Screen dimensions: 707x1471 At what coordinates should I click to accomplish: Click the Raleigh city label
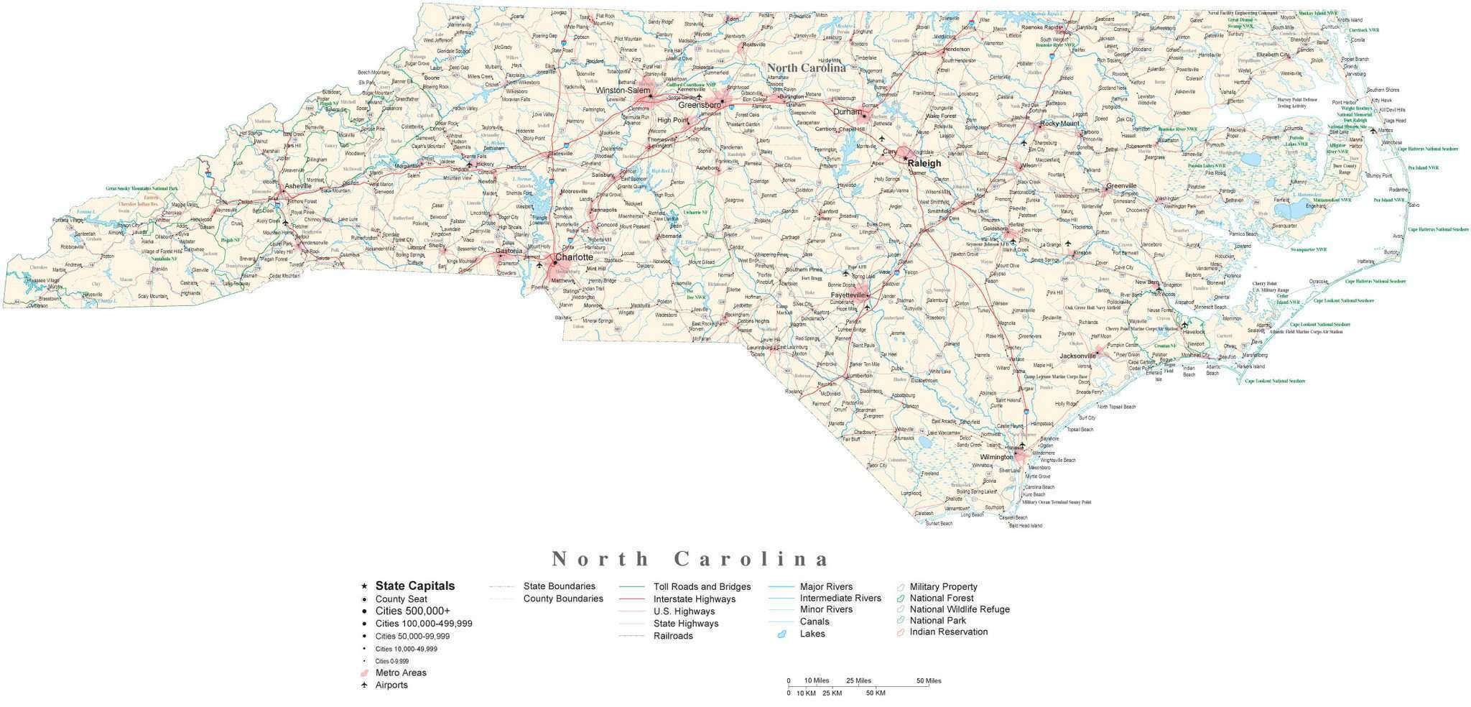pyautogui.click(x=924, y=163)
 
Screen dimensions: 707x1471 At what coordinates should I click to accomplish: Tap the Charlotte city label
pyautogui.click(x=574, y=257)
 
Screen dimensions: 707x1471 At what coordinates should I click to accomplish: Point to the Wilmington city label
pyautogui.click(x=996, y=457)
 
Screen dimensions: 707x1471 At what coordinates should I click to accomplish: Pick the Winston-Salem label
pyautogui.click(x=623, y=91)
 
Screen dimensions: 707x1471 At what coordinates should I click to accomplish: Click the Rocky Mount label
pyautogui.click(x=1059, y=124)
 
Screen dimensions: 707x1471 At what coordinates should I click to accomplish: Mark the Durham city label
pyautogui.click(x=847, y=112)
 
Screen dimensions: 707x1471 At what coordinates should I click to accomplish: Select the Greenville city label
pyautogui.click(x=1120, y=186)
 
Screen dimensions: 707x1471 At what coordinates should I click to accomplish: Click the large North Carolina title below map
pyautogui.click(x=690, y=559)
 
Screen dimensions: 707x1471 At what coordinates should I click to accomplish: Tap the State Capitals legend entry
pyautogui.click(x=414, y=586)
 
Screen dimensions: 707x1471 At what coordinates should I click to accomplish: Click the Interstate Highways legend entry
pyautogui.click(x=694, y=599)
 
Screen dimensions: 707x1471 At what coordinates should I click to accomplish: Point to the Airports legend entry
pyautogui.click(x=391, y=685)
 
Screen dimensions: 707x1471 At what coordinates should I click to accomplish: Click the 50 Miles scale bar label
pyautogui.click(x=928, y=680)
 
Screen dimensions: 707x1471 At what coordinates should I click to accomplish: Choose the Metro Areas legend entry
pyautogui.click(x=400, y=673)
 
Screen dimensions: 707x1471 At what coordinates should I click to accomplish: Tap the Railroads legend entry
pyautogui.click(x=672, y=636)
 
